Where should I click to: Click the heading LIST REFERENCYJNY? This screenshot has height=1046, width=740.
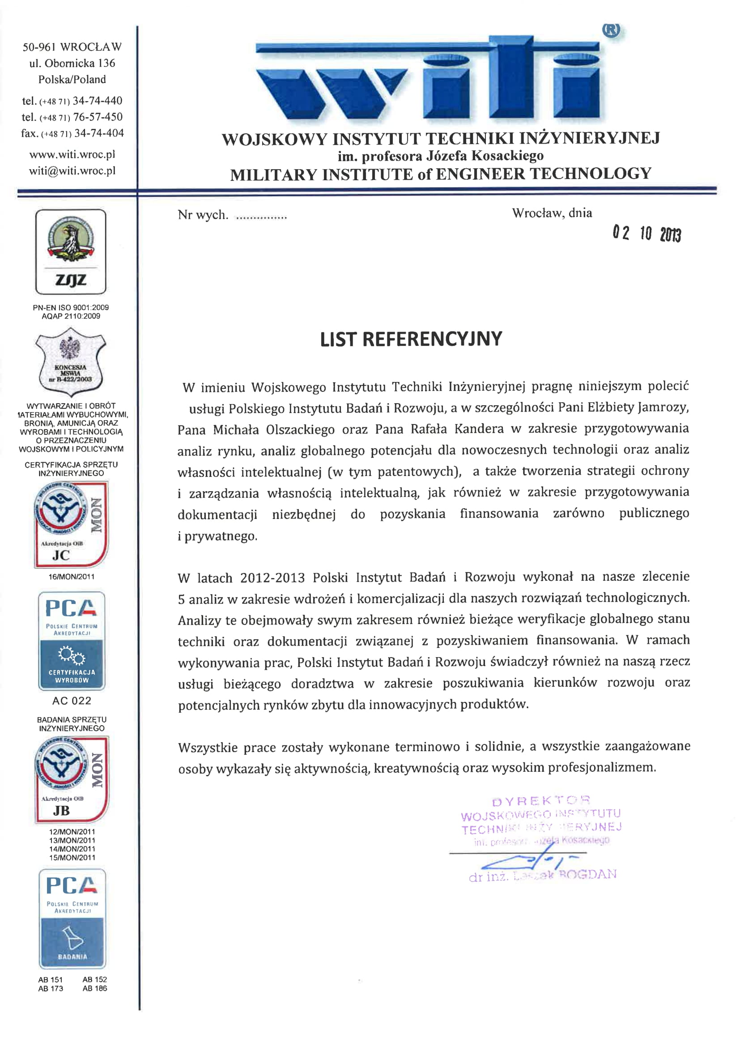pyautogui.click(x=411, y=340)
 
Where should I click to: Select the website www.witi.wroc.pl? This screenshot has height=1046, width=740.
pyautogui.click(x=72, y=154)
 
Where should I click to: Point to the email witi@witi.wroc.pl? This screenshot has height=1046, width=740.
pyautogui.click(x=72, y=171)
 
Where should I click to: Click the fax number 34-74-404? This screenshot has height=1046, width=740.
pyautogui.click(x=99, y=133)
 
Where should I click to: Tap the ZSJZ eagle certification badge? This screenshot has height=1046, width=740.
pyautogui.click(x=71, y=251)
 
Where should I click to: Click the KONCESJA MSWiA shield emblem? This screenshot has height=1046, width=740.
pyautogui.click(x=71, y=363)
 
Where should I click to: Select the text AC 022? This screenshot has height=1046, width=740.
pyautogui.click(x=72, y=701)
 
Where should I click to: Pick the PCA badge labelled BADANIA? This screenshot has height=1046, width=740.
pyautogui.click(x=72, y=918)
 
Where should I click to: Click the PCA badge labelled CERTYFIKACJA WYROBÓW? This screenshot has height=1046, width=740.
pyautogui.click(x=72, y=640)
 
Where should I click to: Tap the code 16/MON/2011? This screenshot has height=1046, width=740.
pyautogui.click(x=72, y=577)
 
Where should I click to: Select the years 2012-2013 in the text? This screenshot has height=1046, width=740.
pyautogui.click(x=272, y=578)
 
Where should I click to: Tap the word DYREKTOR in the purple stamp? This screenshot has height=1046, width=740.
pyautogui.click(x=541, y=801)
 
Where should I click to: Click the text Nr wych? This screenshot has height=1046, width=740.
pyautogui.click(x=203, y=215)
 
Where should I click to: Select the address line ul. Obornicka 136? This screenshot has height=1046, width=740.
pyautogui.click(x=72, y=64)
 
